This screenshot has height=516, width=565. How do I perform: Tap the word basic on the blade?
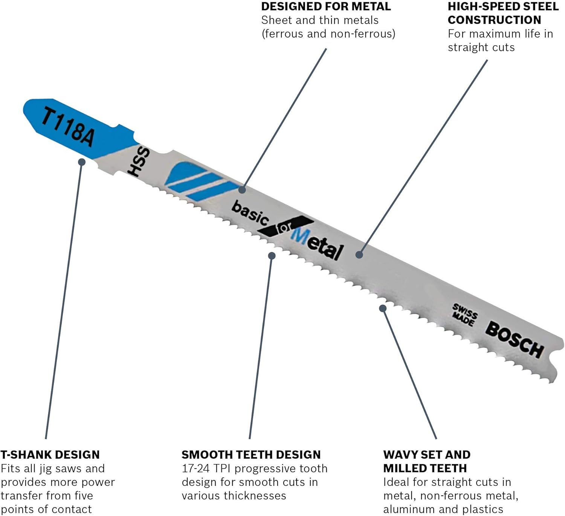pyautogui.click(x=250, y=212)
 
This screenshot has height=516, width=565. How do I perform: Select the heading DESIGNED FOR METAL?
pyautogui.click(x=326, y=6)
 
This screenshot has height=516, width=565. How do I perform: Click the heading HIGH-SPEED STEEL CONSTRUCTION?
pyautogui.click(x=503, y=13)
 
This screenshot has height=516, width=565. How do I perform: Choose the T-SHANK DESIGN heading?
pyautogui.click(x=50, y=455)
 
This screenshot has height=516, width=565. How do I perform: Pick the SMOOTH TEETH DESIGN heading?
pyautogui.click(x=251, y=455)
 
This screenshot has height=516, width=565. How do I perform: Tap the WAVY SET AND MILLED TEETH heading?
pyautogui.click(x=426, y=461)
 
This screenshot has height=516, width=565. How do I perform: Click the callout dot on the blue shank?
pyautogui.click(x=82, y=162)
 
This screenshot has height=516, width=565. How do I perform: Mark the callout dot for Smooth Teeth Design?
pyautogui.click(x=272, y=256)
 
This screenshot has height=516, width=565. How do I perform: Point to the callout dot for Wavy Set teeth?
pyautogui.click(x=383, y=308)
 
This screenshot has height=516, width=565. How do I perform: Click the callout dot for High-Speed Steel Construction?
pyautogui.click(x=359, y=255)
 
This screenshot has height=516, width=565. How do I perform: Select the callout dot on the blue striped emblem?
pyautogui.click(x=242, y=190)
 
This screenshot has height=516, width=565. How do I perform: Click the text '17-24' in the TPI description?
pyautogui.click(x=195, y=469)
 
